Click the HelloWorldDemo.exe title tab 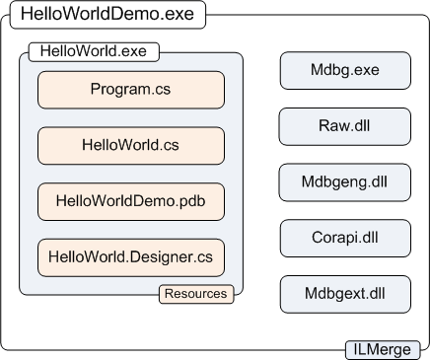pyautogui.click(x=107, y=17)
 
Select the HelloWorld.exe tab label pyautogui.click(x=95, y=51)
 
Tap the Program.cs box pyautogui.click(x=131, y=90)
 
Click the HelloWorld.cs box pyautogui.click(x=131, y=145)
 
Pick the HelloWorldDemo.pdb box pyautogui.click(x=131, y=201)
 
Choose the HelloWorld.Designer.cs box pyautogui.click(x=131, y=257)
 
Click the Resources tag pyautogui.click(x=195, y=294)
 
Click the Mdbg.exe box pyautogui.click(x=344, y=70)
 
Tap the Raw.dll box pyautogui.click(x=344, y=126)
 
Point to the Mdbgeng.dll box pyautogui.click(x=344, y=182)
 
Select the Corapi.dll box pyautogui.click(x=344, y=239)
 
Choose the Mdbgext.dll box pyautogui.click(x=344, y=295)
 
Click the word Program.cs pyautogui.click(x=131, y=90)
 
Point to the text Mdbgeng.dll pyautogui.click(x=344, y=182)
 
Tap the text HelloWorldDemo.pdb pyautogui.click(x=131, y=201)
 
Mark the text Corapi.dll pyautogui.click(x=344, y=239)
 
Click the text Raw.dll pyautogui.click(x=344, y=126)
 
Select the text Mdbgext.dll pyautogui.click(x=344, y=295)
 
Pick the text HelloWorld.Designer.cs pyautogui.click(x=131, y=257)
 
